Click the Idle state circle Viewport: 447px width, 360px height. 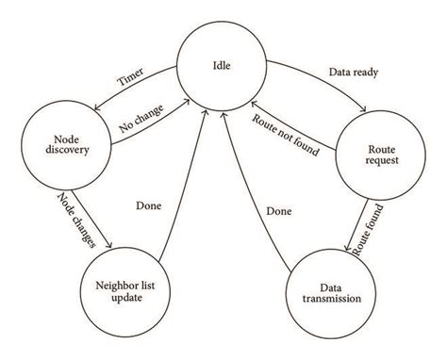pyautogui.click(x=223, y=64)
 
